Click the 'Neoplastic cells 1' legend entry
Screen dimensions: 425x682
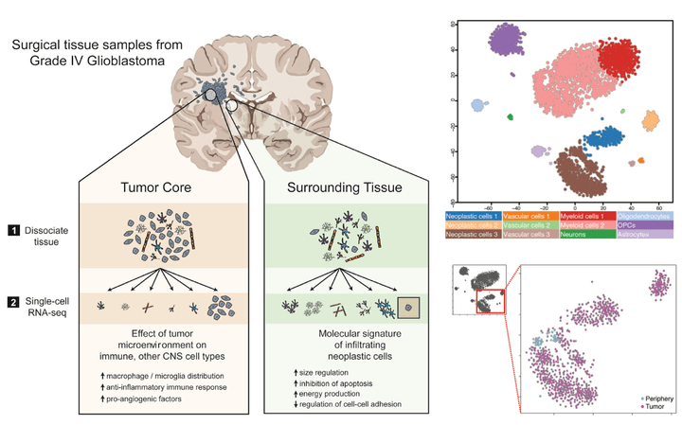475,217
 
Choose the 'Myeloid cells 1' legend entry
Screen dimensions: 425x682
582,217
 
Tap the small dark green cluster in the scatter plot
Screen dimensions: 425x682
510,117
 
